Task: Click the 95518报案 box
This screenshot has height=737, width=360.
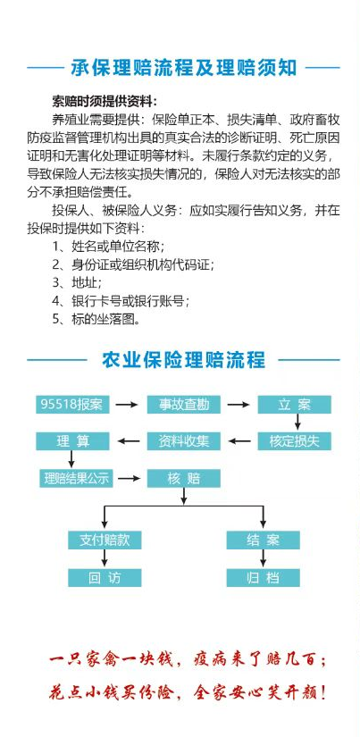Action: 72,404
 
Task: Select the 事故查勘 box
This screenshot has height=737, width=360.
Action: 184,404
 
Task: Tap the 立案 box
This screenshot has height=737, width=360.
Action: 294,404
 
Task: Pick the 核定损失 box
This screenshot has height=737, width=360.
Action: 294,441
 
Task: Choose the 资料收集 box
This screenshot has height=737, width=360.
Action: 184,441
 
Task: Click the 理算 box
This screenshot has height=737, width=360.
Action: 72,441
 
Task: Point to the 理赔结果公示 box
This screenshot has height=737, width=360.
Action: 76,478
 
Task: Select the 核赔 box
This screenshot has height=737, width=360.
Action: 184,478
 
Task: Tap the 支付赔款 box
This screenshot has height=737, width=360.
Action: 105,540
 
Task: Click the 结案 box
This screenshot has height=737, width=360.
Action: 263,540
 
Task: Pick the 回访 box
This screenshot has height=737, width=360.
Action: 105,578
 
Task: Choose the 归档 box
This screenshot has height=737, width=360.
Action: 263,578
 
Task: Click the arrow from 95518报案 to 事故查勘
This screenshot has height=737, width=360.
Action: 127,404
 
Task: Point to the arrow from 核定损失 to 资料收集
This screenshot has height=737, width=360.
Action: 239,441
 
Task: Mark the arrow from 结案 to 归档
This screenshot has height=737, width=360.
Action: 263,558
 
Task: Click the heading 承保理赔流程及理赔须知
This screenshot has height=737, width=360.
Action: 184,68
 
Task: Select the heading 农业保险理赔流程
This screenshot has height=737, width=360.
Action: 183,360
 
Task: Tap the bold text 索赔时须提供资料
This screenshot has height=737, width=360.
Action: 105,101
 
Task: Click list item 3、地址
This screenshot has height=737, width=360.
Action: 77,282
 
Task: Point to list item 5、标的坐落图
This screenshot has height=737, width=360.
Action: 96,319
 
